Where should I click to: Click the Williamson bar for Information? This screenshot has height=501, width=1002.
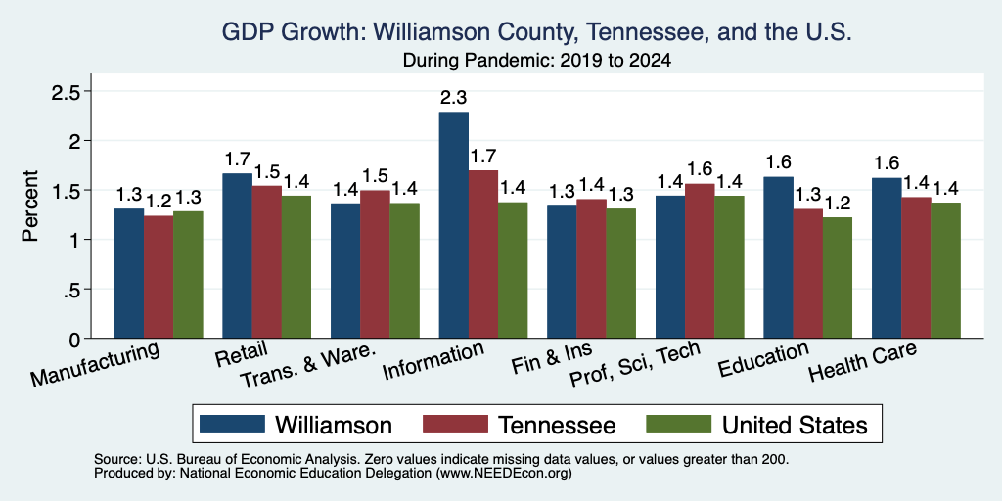453,225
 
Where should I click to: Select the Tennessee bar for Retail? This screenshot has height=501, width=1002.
266,262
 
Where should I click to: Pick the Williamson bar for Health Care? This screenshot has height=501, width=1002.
887,258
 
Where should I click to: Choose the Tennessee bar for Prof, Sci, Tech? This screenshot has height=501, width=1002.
700,260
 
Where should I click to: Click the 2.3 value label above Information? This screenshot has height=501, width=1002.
453,98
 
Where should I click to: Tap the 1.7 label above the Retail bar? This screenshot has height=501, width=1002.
237,159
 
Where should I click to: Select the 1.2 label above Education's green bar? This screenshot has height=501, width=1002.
838,204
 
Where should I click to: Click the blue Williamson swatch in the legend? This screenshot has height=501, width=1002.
232,424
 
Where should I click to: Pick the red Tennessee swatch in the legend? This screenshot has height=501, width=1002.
455,424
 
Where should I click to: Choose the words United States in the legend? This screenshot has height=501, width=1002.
795,425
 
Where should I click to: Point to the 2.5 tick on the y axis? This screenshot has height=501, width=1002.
66,92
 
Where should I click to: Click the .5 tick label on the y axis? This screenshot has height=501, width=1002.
73,290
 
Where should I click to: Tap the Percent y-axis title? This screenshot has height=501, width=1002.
30,205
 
